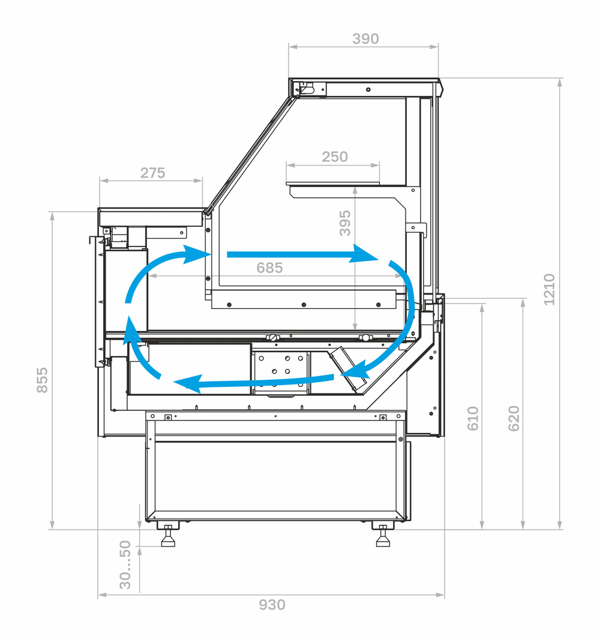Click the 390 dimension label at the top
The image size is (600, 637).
tap(365, 39)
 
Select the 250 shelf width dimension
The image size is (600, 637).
tap(335, 157)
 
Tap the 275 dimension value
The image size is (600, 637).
tap(152, 173)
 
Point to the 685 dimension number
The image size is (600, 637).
tap(269, 268)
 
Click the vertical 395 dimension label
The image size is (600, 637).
tap(345, 223)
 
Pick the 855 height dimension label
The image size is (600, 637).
tap(42, 380)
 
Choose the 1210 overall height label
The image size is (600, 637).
tap(549, 289)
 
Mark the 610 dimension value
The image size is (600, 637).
tap(473, 419)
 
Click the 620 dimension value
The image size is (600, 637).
tap(514, 419)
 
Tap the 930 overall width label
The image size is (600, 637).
tap(272, 605)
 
